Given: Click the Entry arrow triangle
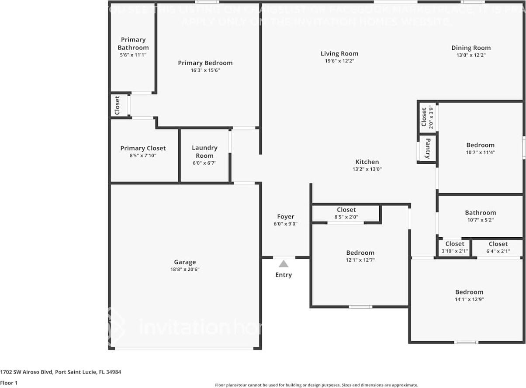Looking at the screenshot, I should point(284,263).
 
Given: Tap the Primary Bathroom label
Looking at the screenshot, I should point(133,44).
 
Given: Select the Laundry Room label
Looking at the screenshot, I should point(204,152).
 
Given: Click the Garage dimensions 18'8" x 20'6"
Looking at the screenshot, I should point(185,269).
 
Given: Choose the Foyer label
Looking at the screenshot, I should point(286,217).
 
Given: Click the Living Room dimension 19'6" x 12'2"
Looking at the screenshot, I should point(339,61).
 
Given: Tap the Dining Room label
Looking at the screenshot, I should point(471,48).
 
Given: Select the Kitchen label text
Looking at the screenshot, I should point(367,162).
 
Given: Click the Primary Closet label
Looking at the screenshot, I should point(143,149).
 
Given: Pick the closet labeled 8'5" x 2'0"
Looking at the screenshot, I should point(346,213).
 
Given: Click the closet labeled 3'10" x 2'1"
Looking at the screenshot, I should point(455,247).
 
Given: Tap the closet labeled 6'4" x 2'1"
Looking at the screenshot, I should point(498,247).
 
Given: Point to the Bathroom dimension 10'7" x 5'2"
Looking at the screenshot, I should point(480,220).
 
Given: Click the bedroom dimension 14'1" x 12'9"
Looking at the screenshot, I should point(469,299).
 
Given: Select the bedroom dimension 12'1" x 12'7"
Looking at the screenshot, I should point(360,260).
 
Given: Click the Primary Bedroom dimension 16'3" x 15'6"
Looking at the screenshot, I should point(205,70).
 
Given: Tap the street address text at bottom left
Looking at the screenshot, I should point(61,372).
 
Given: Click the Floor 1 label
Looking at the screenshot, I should point(9,383).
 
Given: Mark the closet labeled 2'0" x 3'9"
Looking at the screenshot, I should point(427,117).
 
